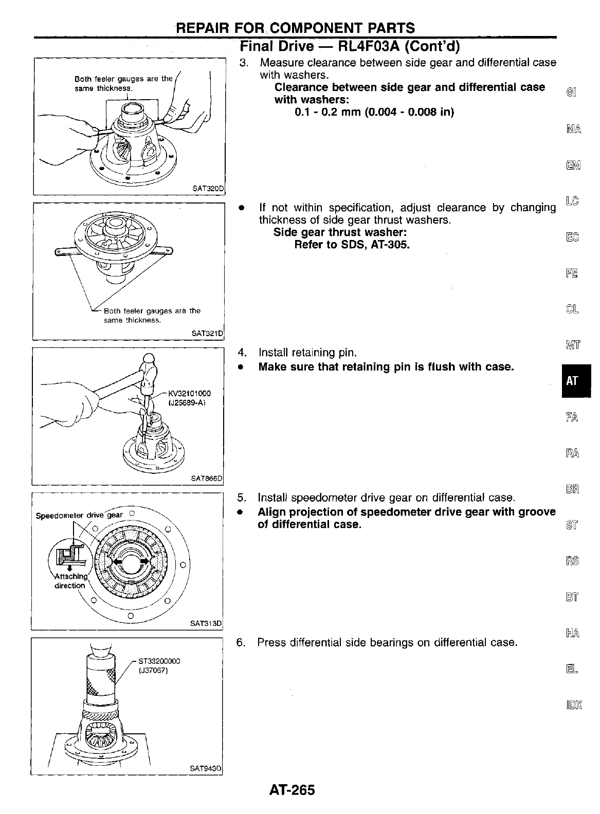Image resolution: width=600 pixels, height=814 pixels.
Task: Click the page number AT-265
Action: click(x=291, y=789)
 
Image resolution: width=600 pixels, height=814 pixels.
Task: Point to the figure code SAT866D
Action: click(x=207, y=478)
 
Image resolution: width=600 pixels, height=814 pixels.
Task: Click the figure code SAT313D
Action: click(x=205, y=624)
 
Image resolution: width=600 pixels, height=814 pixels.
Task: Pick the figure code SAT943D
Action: click(x=205, y=769)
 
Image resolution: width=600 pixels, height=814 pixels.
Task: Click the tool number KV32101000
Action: click(x=189, y=394)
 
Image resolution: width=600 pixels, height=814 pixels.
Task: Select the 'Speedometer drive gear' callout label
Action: click(x=79, y=515)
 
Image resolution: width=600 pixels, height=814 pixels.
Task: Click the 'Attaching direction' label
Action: click(x=70, y=581)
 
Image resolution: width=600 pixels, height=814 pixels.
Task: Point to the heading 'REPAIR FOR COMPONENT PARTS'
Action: click(x=296, y=28)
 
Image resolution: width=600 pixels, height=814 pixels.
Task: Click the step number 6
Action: click(x=240, y=642)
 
